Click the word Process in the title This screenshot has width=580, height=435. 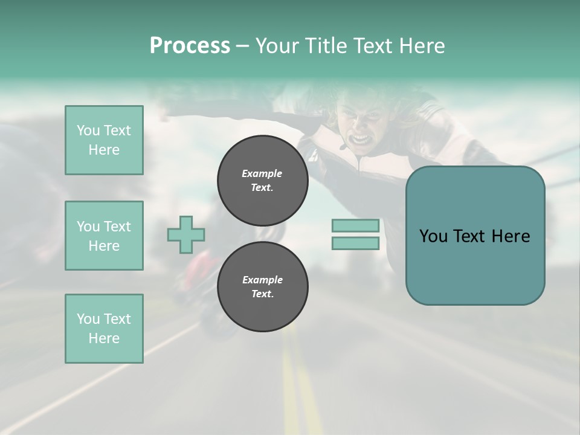tap(190, 45)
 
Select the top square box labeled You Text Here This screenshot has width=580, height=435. tap(104, 140)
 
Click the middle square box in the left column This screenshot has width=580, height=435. tap(104, 236)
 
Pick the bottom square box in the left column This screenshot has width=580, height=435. tap(104, 329)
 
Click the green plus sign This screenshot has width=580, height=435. tap(186, 234)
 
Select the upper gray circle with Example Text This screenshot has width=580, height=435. tap(263, 181)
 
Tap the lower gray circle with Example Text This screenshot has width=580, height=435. tap(263, 286)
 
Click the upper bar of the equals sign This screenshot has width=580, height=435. tap(355, 225)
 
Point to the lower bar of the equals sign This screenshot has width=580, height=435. tap(355, 243)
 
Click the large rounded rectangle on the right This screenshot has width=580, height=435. tap(475, 236)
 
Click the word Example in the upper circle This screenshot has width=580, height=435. tap(262, 173)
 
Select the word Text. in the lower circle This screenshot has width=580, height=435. tap(263, 294)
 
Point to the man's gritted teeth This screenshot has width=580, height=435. tap(360, 140)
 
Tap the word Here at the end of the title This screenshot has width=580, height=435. tap(422, 46)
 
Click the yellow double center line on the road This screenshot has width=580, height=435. tap(300, 381)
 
